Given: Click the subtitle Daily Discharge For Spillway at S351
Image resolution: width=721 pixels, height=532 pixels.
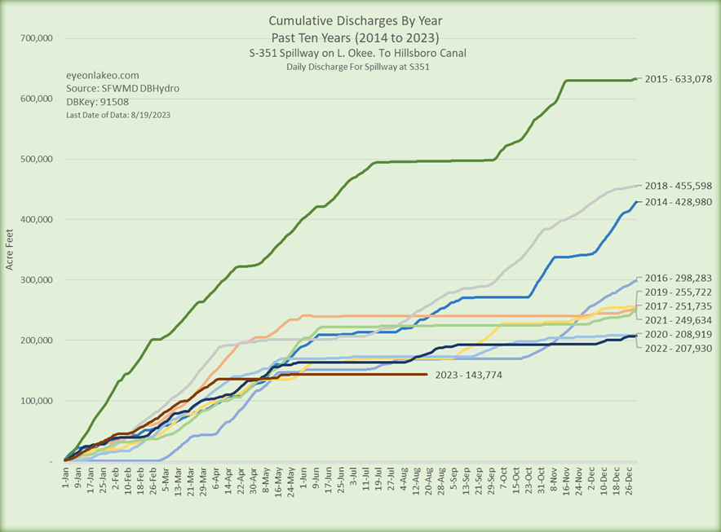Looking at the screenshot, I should (358, 66).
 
